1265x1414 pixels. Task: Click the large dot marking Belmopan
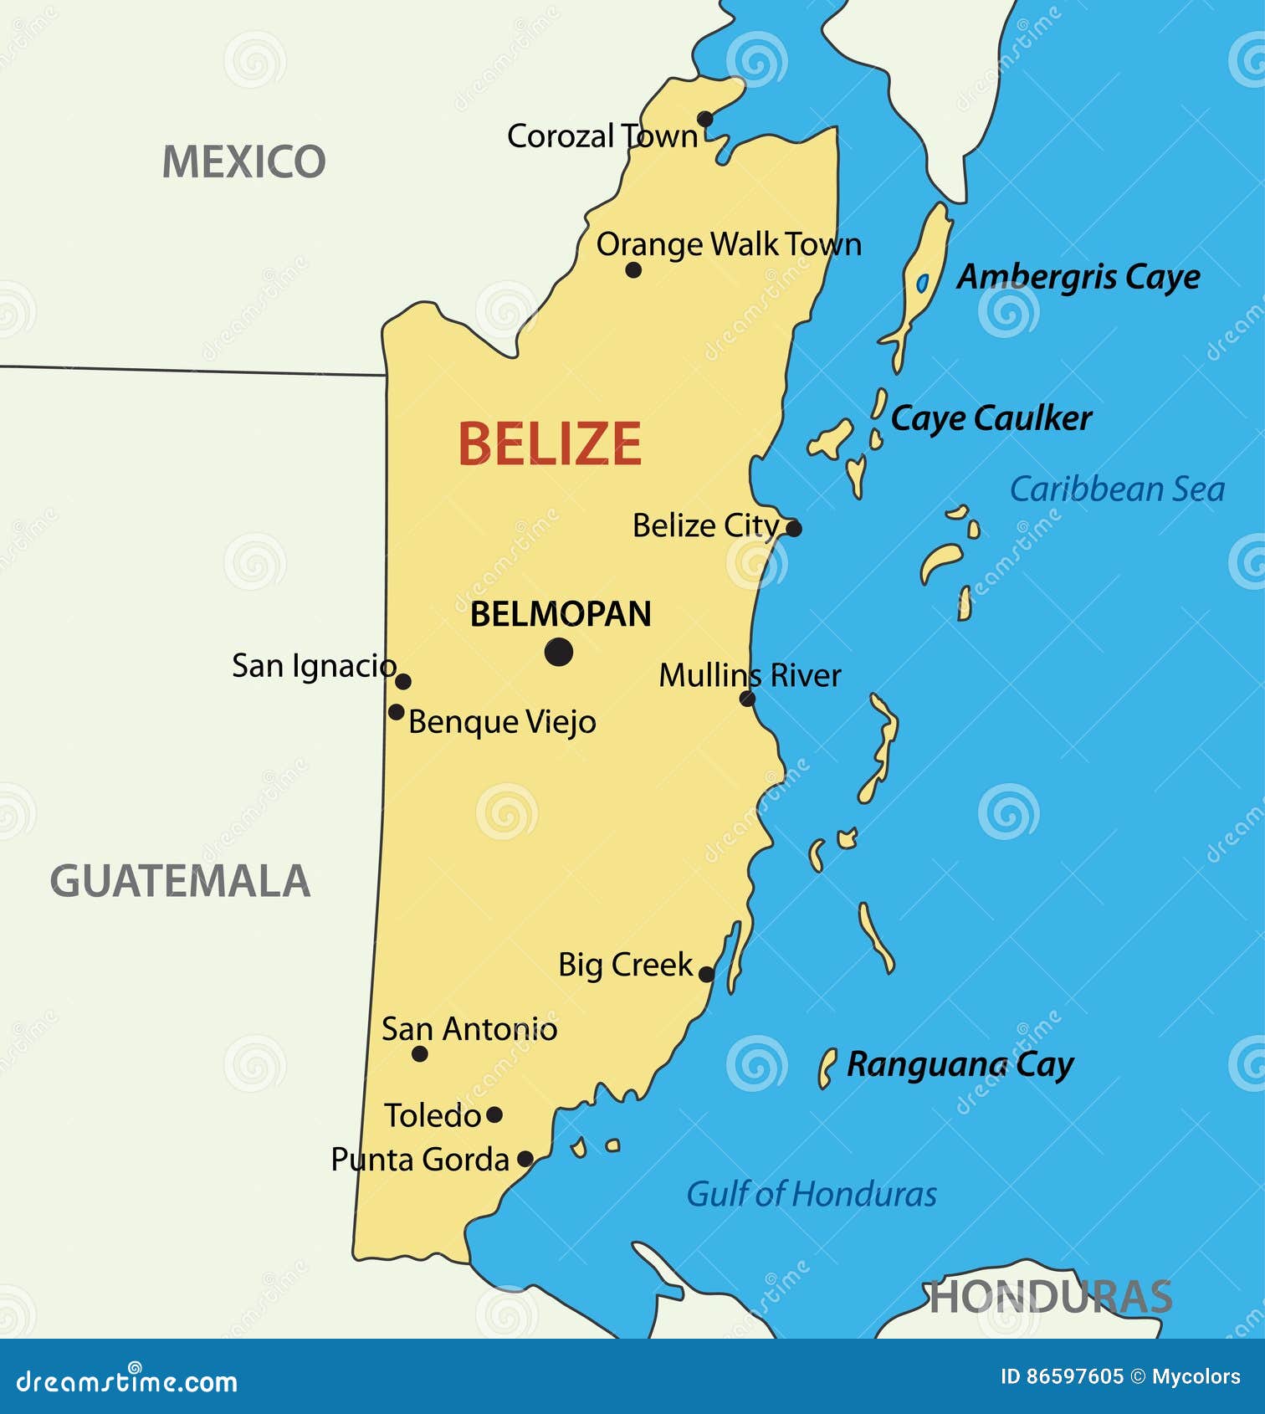(559, 652)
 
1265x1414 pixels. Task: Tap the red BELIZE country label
(550, 443)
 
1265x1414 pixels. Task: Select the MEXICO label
(243, 161)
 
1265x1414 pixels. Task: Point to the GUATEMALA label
(181, 881)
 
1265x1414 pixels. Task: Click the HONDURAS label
(1051, 1298)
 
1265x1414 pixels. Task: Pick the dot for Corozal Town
(705, 119)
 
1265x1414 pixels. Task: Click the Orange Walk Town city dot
(633, 270)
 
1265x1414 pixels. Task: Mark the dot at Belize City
(794, 529)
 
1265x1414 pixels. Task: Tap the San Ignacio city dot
(403, 681)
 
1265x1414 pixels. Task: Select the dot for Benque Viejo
(397, 712)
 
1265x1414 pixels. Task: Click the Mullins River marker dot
(748, 699)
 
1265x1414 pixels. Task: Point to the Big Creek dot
(706, 974)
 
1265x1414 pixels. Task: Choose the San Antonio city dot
(420, 1054)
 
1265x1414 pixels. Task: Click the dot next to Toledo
(494, 1114)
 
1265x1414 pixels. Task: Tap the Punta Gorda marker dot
(525, 1159)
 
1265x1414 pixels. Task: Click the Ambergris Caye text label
(1078, 277)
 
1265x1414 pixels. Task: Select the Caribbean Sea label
(1117, 489)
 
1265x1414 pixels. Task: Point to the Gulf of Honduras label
(811, 1194)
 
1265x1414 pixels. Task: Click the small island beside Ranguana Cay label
(827, 1068)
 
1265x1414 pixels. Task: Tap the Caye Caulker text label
(991, 418)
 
